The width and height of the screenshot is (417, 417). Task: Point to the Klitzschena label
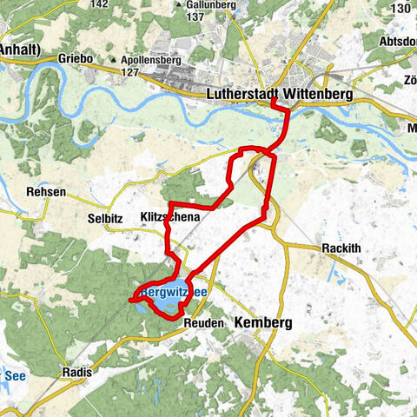click(170, 216)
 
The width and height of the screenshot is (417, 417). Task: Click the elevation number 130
click(400, 8)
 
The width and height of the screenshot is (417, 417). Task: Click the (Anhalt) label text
click(18, 49)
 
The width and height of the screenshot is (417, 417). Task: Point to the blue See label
click(15, 375)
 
